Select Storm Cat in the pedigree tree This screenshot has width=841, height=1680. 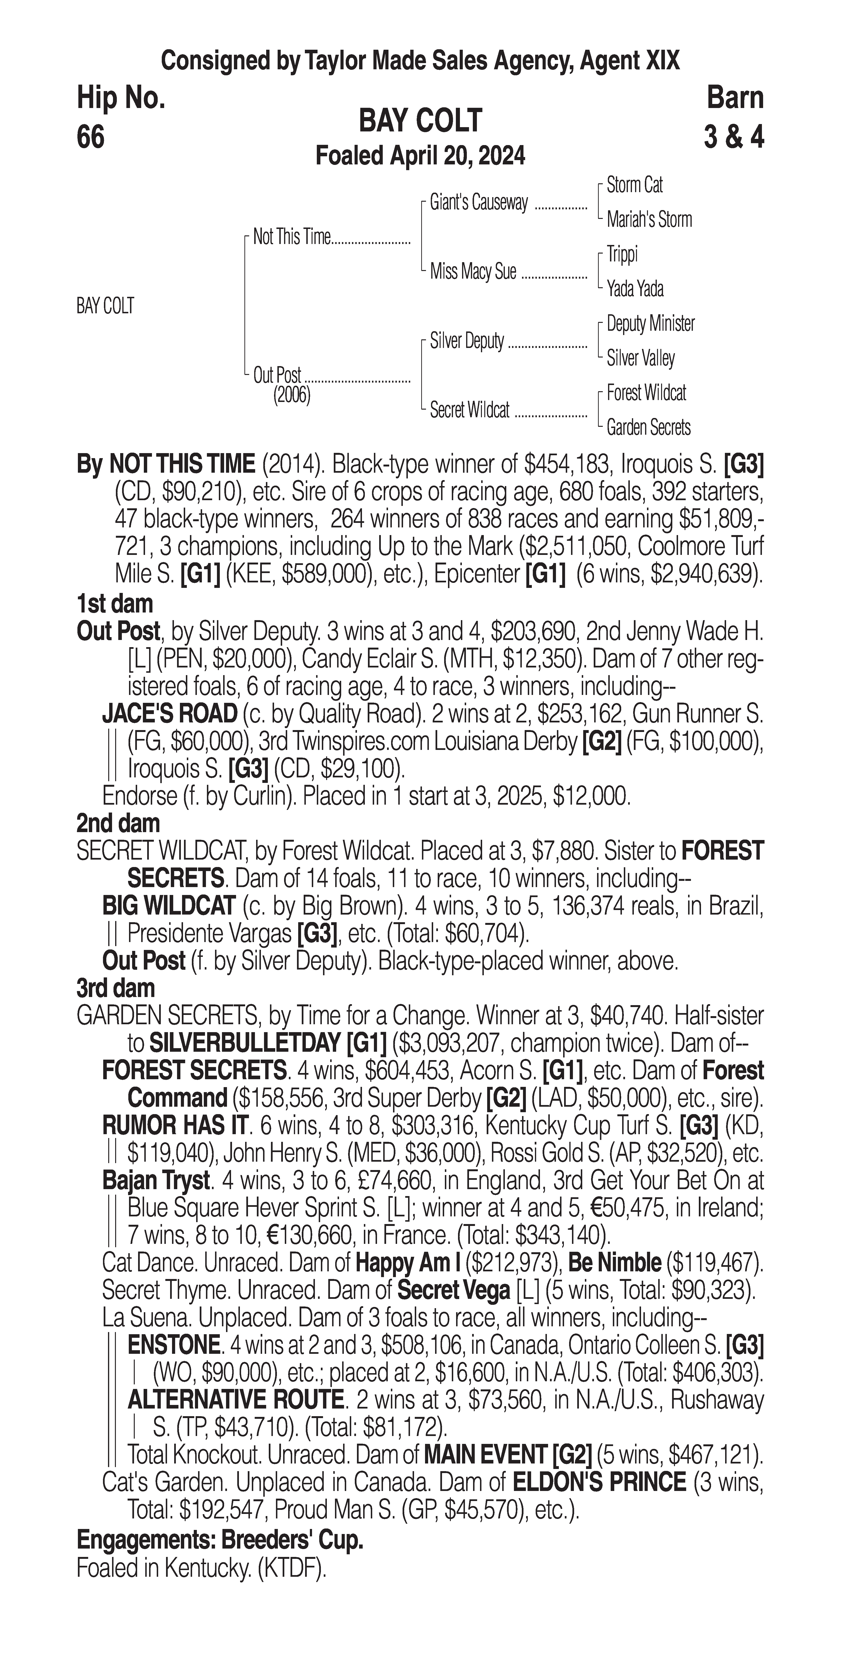(x=634, y=185)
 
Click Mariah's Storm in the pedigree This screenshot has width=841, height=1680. (x=649, y=220)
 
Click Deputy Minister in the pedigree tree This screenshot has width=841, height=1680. (x=650, y=324)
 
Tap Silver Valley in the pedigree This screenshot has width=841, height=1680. (x=640, y=358)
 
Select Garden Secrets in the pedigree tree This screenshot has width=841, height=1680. (x=648, y=428)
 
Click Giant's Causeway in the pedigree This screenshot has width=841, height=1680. (x=479, y=203)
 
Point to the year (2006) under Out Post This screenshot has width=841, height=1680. (x=291, y=395)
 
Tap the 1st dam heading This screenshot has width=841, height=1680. (x=115, y=604)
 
